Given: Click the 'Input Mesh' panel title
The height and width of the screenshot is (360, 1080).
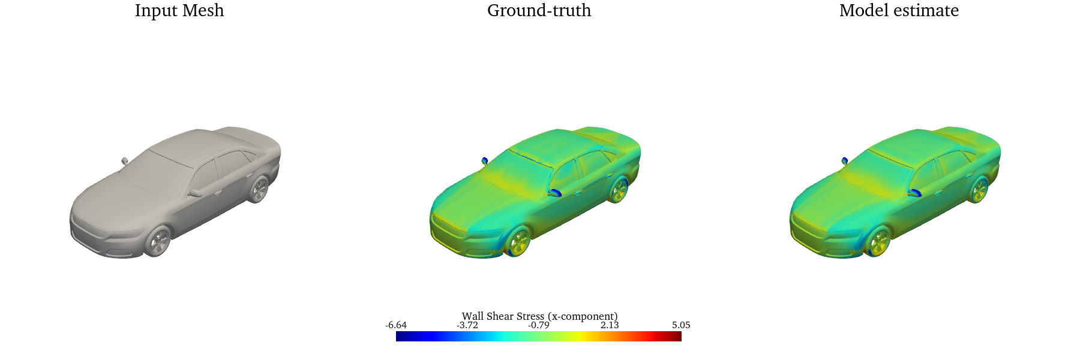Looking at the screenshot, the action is point(179,11).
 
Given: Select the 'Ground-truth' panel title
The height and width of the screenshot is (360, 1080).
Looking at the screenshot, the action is point(539,11).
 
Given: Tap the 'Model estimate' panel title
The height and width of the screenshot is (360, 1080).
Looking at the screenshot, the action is point(899,11).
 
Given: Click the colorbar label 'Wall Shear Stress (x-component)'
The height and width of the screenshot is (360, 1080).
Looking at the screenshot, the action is point(539,316).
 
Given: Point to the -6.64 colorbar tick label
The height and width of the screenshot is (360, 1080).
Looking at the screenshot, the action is point(396,325).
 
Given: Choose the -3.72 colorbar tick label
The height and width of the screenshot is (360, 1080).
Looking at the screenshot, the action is point(467,325).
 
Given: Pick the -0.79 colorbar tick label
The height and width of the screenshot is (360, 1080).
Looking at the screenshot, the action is point(539,325).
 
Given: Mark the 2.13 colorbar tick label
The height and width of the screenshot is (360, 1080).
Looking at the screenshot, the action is point(610,325).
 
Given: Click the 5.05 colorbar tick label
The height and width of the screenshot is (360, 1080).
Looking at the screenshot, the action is point(681,325).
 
